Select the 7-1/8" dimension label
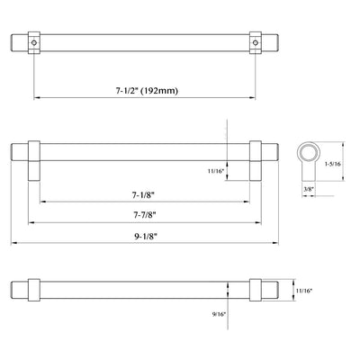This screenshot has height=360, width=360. click(x=142, y=194)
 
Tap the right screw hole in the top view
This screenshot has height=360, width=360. click(x=255, y=42)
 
